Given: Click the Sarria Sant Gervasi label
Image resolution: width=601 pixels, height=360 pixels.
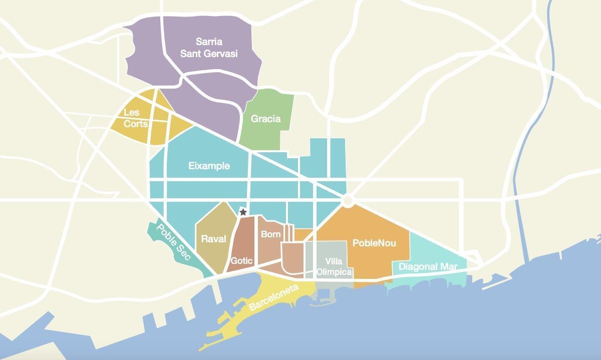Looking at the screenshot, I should pos(209,48).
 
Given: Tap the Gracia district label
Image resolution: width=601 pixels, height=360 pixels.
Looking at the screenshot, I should pos(265,119).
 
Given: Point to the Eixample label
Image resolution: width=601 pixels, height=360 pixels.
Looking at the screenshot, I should pos(209,166).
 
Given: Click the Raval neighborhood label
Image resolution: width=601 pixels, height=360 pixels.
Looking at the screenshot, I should pos(213,239).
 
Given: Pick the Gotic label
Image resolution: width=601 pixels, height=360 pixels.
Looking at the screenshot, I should pos(242,261).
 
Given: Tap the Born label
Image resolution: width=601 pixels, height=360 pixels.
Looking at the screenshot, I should pos(271,234).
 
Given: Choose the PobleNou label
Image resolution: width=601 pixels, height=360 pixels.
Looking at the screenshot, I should pos(374,243).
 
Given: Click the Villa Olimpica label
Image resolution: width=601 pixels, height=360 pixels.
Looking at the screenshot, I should pos(334,267).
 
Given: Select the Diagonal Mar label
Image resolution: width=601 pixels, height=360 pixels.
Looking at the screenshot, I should pos(428,267).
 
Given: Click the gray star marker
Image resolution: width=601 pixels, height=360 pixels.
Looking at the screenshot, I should pos(243,212).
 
